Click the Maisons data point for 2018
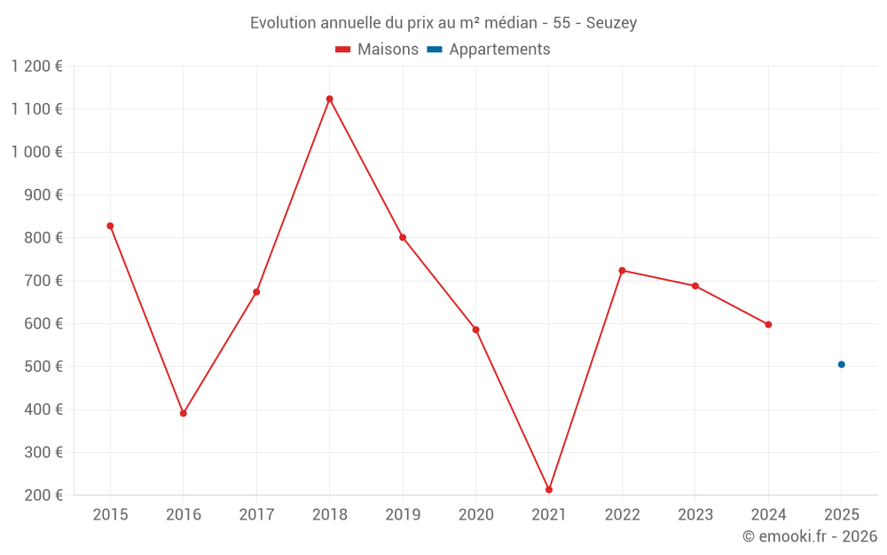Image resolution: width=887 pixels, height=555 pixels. (329, 99)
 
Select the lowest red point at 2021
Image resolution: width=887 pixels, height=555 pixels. (549, 489)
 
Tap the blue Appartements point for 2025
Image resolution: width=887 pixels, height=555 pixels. (842, 364)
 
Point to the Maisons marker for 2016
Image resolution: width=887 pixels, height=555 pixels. (184, 413)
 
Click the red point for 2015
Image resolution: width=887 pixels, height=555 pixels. (110, 226)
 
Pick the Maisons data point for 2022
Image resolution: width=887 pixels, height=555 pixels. (622, 270)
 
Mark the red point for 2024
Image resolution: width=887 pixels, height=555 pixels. (768, 324)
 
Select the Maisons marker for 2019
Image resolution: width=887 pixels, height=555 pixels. (403, 237)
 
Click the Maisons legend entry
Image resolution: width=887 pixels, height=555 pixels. (377, 50)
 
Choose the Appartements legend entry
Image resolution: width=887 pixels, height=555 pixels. (489, 50)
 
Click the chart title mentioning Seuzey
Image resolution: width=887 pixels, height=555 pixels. (443, 22)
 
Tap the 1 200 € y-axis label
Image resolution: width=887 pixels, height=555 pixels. (36, 66)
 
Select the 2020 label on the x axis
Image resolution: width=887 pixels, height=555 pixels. (475, 515)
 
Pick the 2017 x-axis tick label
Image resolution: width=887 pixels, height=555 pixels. (256, 515)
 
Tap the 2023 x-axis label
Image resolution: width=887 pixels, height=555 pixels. (695, 515)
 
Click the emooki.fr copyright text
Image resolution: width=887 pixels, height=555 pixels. (810, 536)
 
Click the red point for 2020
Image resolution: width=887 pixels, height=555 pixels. (475, 329)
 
